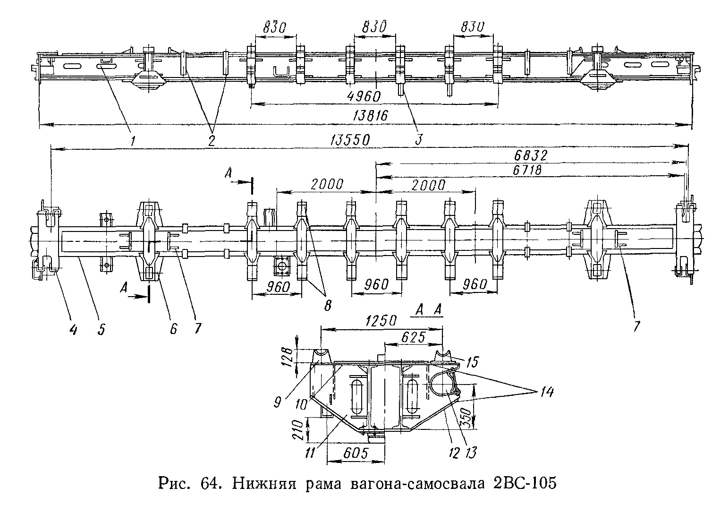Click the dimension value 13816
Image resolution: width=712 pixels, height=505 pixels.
point(371,115)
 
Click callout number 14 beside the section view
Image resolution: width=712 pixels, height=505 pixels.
point(542,392)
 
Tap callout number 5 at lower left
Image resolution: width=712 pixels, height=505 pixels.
point(101,328)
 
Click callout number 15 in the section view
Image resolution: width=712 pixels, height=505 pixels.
point(471,362)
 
